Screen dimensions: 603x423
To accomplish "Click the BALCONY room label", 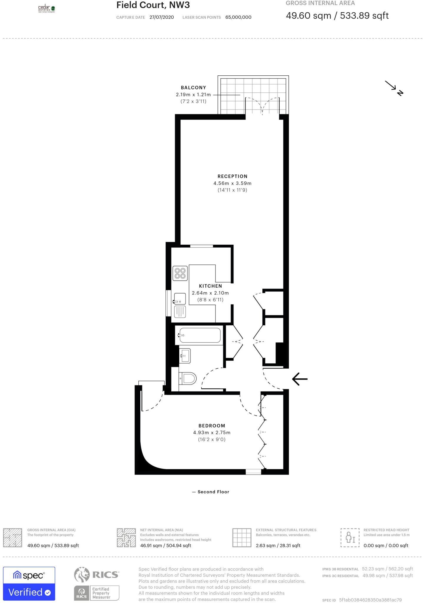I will point(193,87).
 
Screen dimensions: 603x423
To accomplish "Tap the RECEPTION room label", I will point(232,176).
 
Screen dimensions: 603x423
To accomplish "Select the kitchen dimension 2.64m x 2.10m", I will point(210,293).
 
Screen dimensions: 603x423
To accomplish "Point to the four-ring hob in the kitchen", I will point(180,273).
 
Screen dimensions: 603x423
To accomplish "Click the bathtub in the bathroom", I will point(200,335).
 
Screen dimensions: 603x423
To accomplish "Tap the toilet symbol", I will point(189,378).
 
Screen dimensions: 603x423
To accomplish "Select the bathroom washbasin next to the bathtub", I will point(185,356).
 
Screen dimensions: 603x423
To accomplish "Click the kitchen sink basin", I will point(180,299).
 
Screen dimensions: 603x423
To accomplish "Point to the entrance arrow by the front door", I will point(300,379).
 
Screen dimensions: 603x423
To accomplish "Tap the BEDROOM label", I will point(212,426).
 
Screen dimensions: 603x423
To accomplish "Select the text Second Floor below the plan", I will point(213,492).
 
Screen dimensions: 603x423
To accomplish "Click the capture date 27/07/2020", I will point(162,17).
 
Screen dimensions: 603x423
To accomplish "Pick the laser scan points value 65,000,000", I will point(238,17).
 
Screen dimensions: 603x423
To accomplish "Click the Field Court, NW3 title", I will point(153,5).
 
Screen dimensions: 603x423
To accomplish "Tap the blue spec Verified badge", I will point(29,584).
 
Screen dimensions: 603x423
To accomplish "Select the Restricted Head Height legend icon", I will point(350,538).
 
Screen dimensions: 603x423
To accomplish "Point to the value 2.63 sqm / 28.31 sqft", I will point(278,546).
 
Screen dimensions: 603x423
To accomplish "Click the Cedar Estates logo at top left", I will point(47,9).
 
